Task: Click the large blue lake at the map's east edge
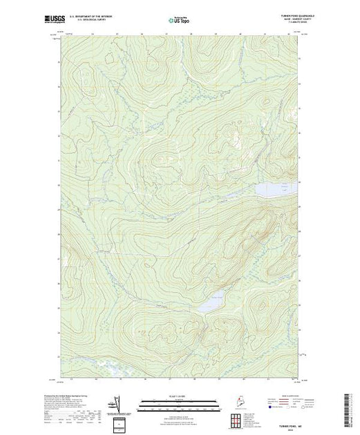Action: point(274,188)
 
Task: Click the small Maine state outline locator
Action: point(236,400)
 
